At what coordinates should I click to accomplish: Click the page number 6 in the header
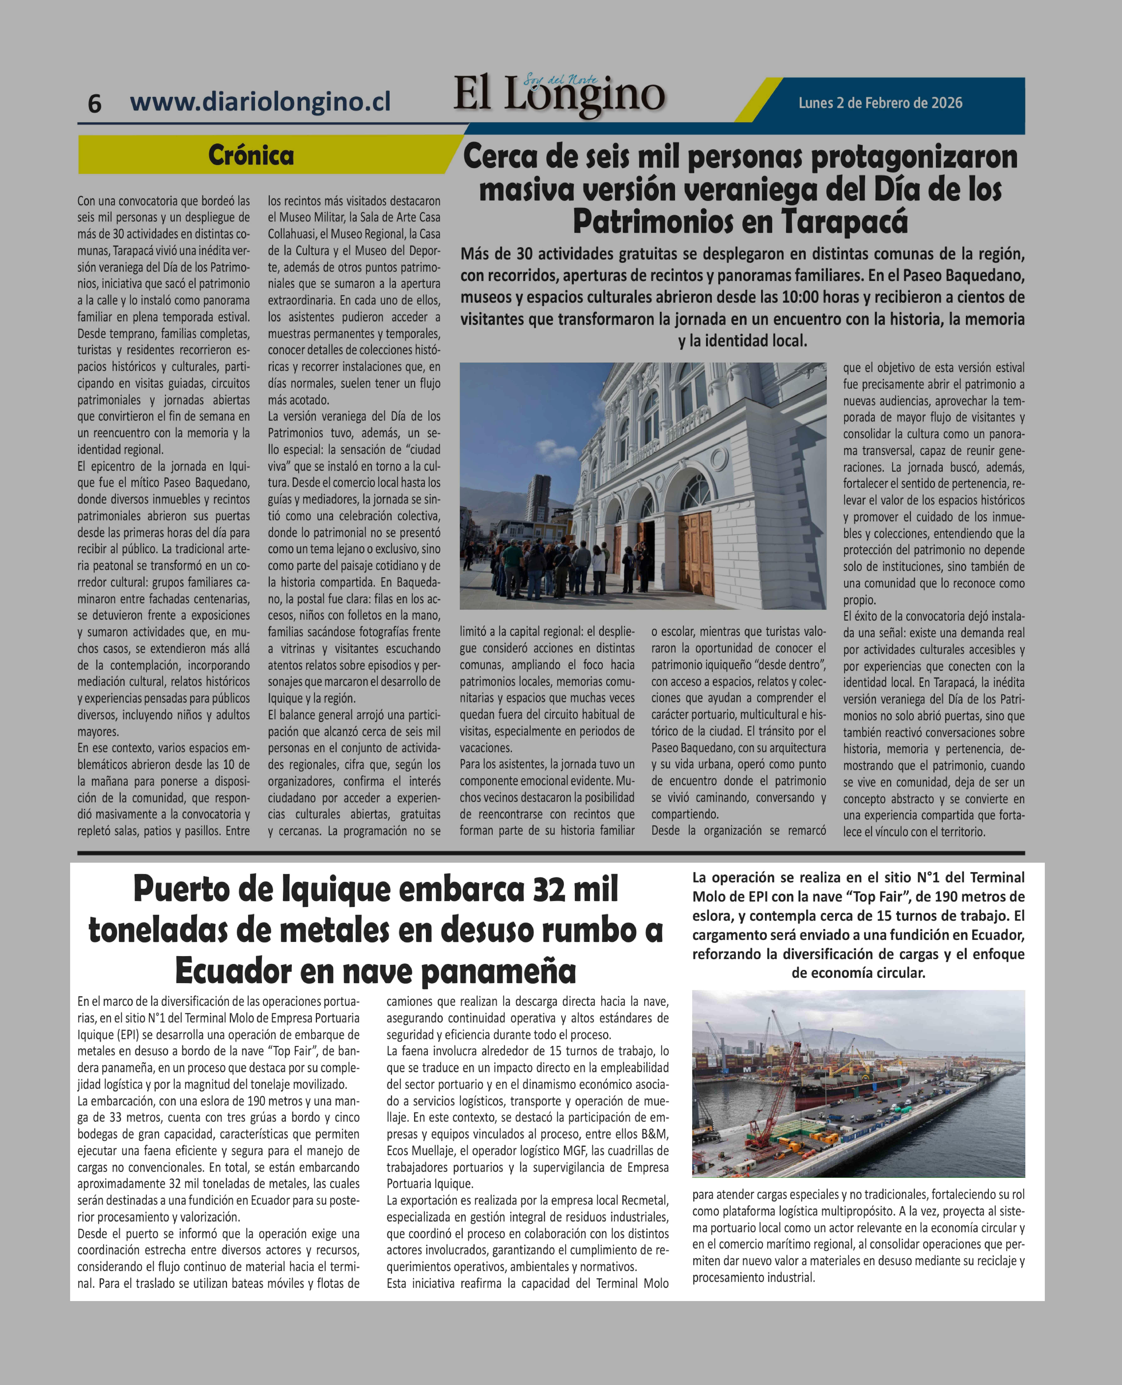[x=94, y=103]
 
